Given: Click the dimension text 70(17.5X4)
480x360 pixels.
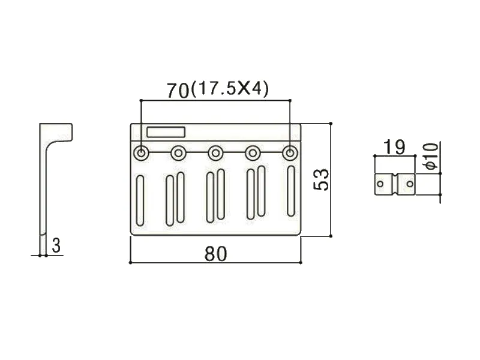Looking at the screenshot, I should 217,89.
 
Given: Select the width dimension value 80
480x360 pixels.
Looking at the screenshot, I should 215,254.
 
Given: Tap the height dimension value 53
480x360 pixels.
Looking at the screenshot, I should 322,179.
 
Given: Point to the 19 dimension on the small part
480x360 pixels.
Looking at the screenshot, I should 394,146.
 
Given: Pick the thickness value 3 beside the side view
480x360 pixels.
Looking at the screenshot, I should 56,245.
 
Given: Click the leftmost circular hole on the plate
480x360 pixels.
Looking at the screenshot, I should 141,153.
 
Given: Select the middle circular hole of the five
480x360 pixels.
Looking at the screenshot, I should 215,153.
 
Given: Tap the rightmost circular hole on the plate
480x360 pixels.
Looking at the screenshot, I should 290,153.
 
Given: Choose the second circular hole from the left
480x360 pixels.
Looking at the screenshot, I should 178,154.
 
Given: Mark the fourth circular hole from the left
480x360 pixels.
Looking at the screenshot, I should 253,153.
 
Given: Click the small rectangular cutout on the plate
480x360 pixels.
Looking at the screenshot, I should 166,132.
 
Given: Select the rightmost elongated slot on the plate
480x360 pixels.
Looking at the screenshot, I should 290,190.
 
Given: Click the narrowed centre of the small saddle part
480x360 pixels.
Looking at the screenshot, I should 395,184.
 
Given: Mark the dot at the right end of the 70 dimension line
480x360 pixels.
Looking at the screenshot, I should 290,100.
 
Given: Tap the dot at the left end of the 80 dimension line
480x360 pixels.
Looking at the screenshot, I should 130,262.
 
